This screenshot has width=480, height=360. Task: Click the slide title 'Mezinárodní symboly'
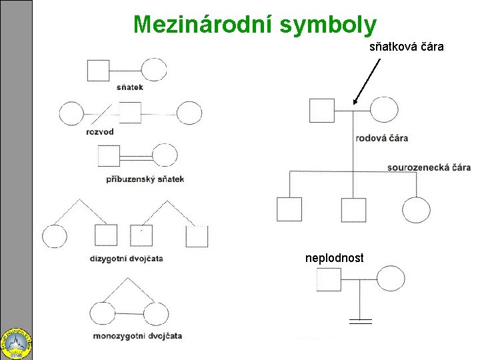(x=255, y=24)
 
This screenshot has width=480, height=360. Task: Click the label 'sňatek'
(x=129, y=87)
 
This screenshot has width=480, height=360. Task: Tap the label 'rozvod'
(x=100, y=131)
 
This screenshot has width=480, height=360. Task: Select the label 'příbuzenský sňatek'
(x=145, y=179)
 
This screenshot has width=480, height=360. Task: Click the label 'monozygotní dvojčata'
(x=138, y=335)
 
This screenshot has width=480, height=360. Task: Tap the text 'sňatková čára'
(x=407, y=48)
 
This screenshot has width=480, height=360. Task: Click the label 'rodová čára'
(x=382, y=138)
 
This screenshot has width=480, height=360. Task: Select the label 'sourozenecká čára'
(x=429, y=167)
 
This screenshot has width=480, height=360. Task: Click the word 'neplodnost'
(x=335, y=257)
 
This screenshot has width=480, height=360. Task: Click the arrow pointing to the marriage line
(x=367, y=81)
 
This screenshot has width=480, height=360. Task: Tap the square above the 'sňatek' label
(x=98, y=69)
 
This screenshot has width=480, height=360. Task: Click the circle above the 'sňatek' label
(x=154, y=69)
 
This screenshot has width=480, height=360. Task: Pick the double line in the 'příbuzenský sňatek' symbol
(x=137, y=157)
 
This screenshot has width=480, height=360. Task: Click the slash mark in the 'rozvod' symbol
(x=103, y=113)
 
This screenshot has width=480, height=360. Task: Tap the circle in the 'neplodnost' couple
(x=391, y=279)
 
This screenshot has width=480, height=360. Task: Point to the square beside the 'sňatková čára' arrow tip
(x=321, y=109)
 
